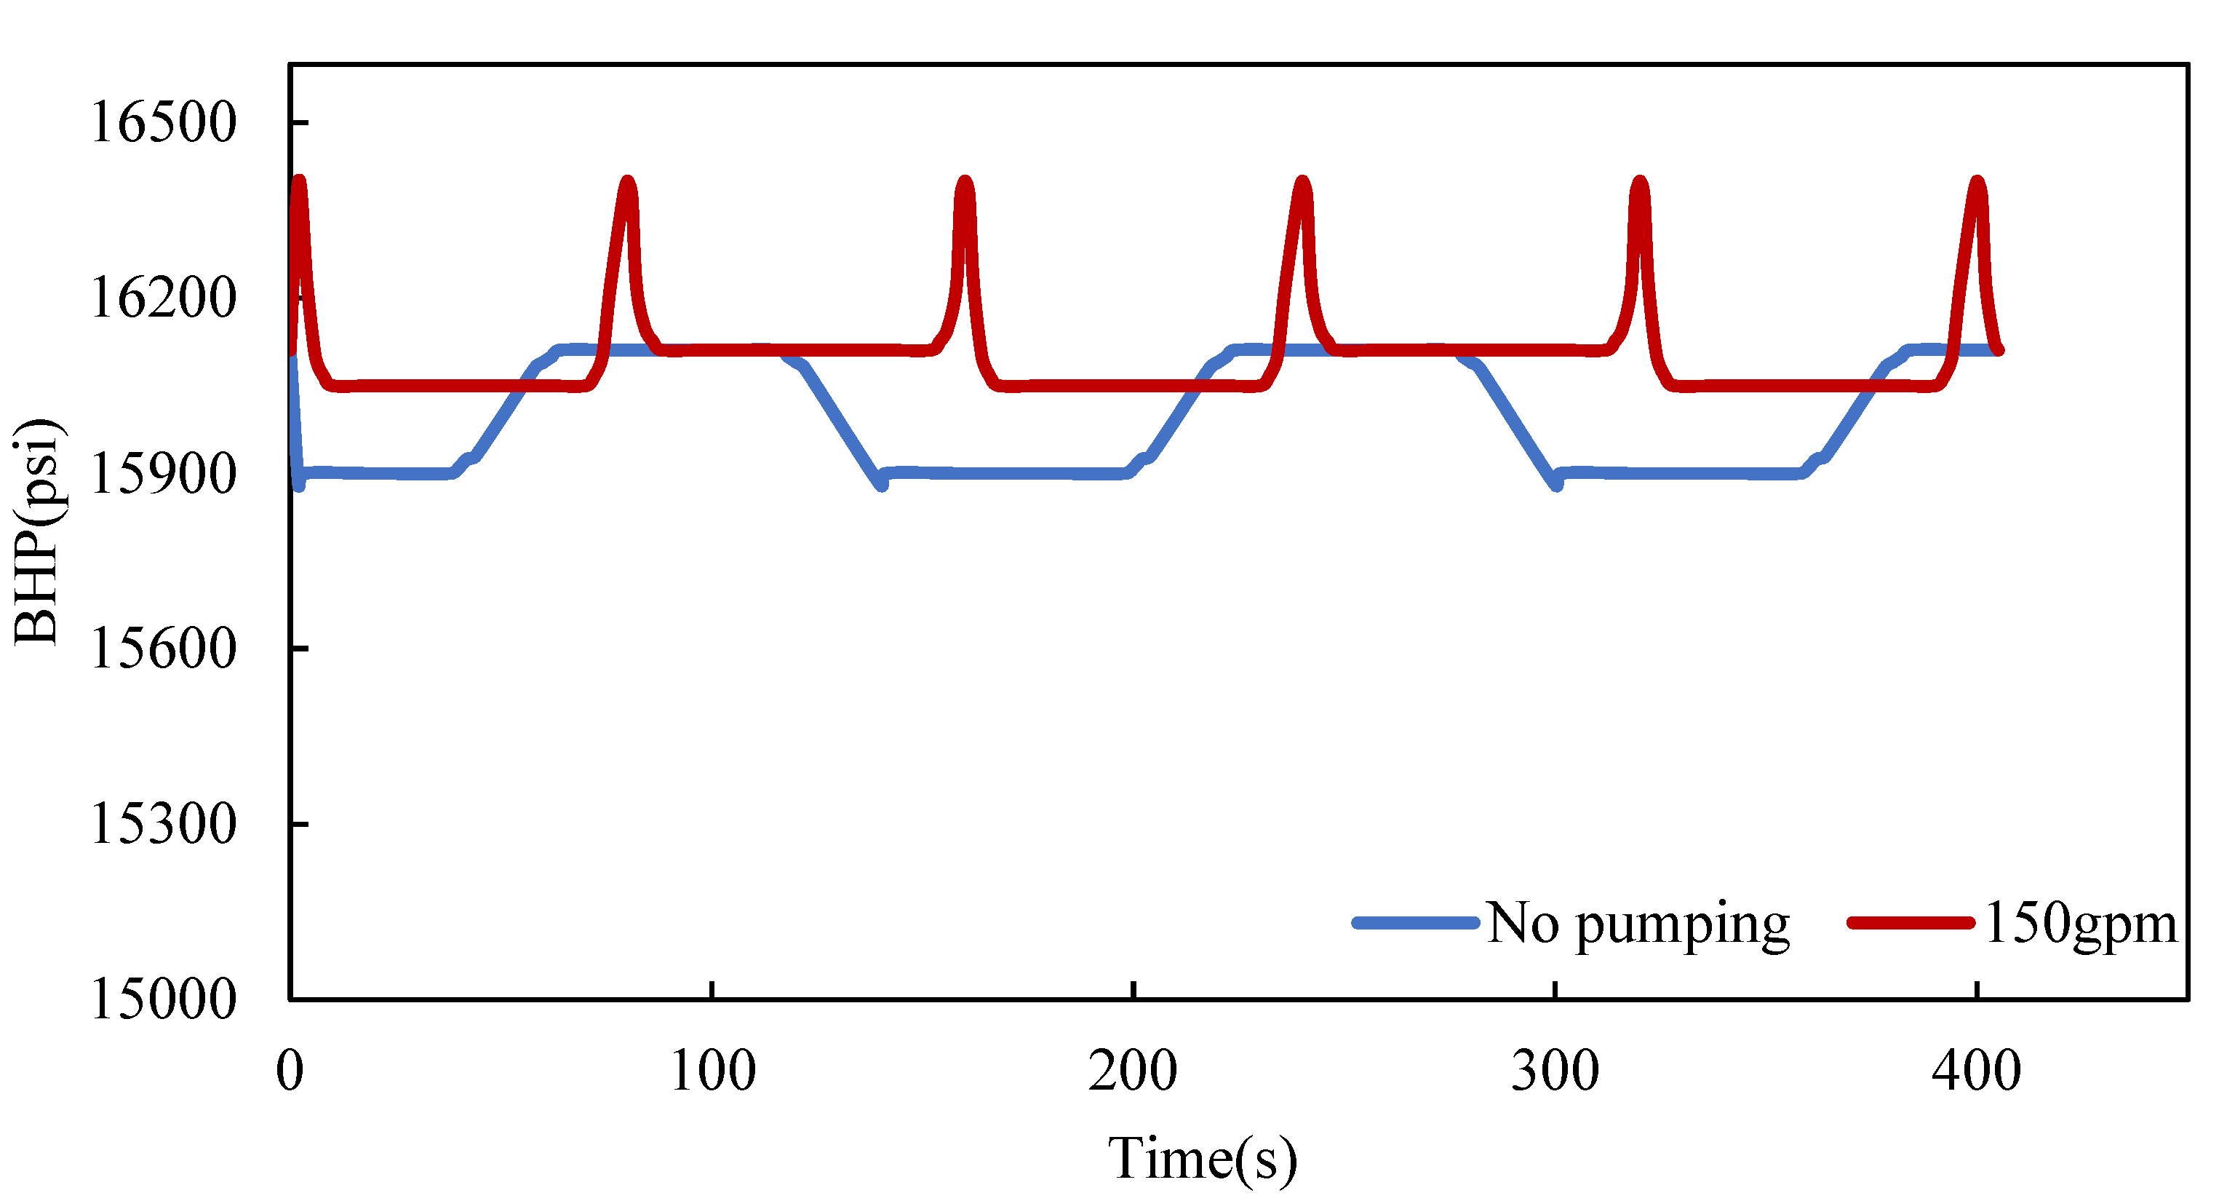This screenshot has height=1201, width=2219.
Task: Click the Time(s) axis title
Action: point(1203,1159)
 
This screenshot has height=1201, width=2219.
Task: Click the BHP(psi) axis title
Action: point(38,531)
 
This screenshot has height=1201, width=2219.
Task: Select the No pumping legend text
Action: point(1638,924)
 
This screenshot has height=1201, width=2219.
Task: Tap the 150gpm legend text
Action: point(2079,924)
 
